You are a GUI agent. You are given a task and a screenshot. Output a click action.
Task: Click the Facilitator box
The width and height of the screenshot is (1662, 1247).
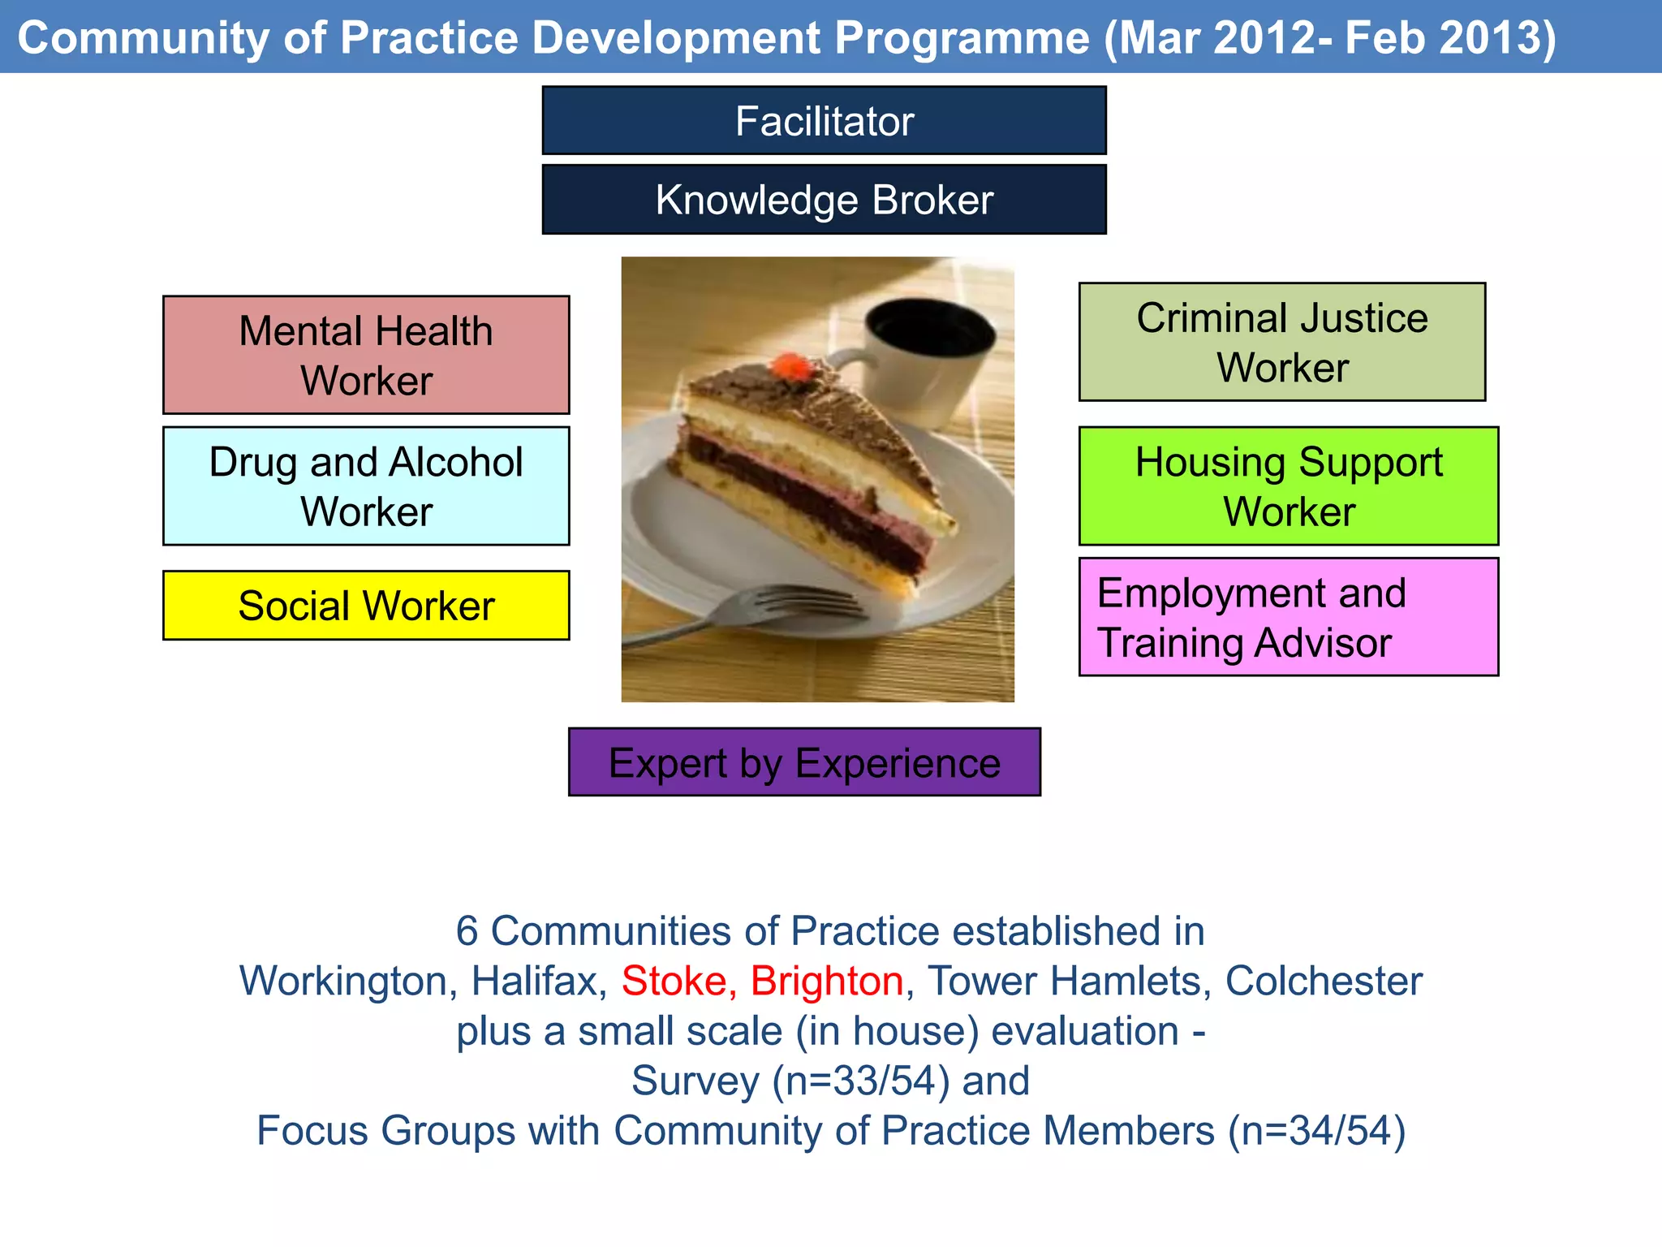tap(824, 121)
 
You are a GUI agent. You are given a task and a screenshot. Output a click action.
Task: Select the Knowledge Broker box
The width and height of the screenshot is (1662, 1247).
tap(824, 200)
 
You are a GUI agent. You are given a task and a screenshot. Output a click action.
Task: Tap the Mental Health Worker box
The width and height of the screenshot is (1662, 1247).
tap(366, 355)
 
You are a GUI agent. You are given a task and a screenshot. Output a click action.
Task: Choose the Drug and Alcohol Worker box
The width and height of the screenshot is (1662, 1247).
tap(366, 485)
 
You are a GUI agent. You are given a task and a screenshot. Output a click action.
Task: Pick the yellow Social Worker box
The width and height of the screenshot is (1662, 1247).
tap(366, 606)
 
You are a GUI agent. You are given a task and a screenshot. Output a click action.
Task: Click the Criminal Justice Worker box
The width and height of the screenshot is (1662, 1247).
tap(1282, 342)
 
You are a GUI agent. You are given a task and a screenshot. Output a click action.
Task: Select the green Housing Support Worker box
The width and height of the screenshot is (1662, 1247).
tap(1289, 485)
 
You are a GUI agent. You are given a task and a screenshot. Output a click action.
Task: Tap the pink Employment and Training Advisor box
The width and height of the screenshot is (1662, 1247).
tap(1289, 617)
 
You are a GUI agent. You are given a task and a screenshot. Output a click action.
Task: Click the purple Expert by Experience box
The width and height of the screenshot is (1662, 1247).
tap(804, 762)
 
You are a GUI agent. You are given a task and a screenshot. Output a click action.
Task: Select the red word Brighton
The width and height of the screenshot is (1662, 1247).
tap(826, 981)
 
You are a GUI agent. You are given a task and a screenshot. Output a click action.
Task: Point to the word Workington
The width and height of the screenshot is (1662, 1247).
tap(342, 981)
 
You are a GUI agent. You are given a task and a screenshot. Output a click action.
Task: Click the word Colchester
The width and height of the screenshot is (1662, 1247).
tap(1324, 981)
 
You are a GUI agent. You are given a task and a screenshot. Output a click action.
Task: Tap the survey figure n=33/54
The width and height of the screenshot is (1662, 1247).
tap(860, 1081)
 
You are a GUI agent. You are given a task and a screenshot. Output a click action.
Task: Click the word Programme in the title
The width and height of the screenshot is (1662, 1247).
tap(962, 37)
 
